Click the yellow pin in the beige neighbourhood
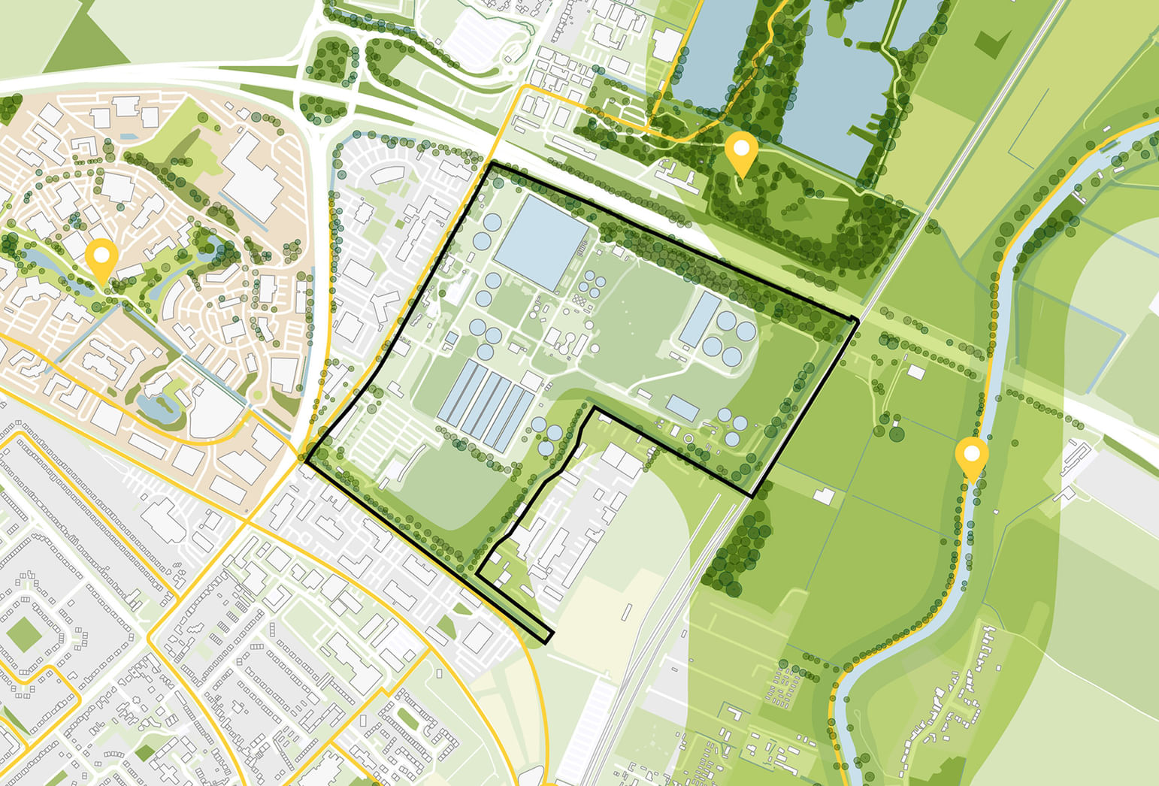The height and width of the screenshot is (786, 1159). pyautogui.click(x=100, y=255)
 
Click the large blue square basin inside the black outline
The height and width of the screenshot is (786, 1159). pyautogui.click(x=540, y=240)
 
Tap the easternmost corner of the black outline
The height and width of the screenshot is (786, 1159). pyautogui.click(x=856, y=321)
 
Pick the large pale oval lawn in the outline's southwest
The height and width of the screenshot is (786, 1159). pyautogui.click(x=443, y=481)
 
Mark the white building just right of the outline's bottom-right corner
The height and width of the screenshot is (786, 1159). pyautogui.click(x=824, y=496)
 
